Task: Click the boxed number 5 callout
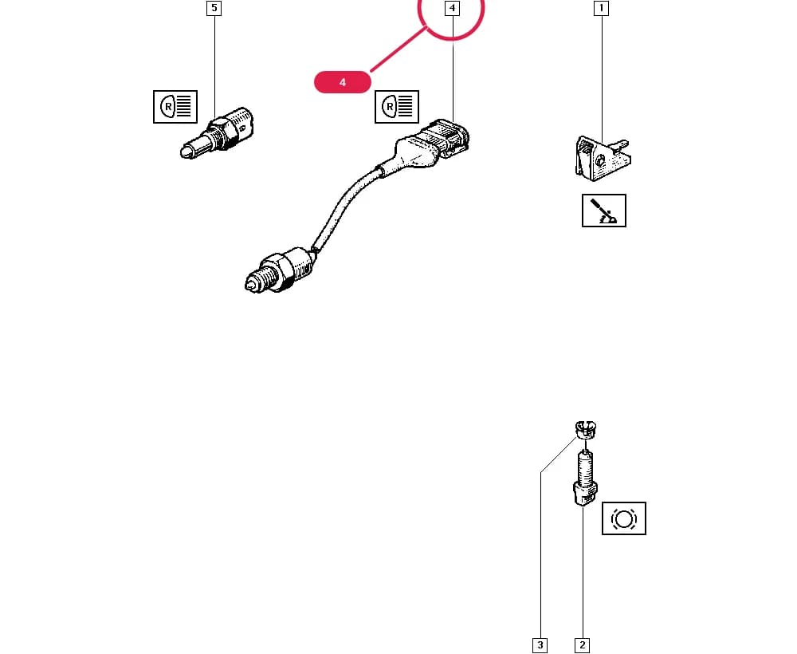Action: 214,8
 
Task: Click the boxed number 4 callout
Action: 452,8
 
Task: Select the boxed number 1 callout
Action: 601,8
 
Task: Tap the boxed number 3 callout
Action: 540,645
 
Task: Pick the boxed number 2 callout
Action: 582,645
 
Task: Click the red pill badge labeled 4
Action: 343,82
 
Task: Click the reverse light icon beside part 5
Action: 175,107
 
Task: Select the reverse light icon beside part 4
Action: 397,107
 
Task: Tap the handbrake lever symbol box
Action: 604,211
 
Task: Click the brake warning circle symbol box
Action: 624,518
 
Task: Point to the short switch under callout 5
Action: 215,132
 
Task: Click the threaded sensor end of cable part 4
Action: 279,270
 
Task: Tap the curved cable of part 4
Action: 347,204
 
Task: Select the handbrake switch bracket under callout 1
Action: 603,157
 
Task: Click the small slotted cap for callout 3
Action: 586,429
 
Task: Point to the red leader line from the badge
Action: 398,49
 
